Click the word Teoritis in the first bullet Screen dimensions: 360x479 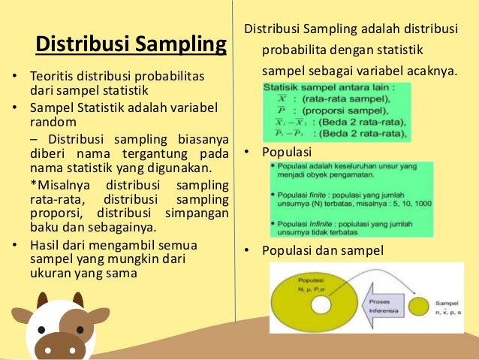pyautogui.click(x=52, y=77)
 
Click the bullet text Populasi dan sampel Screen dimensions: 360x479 pyautogui.click(x=322, y=250)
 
